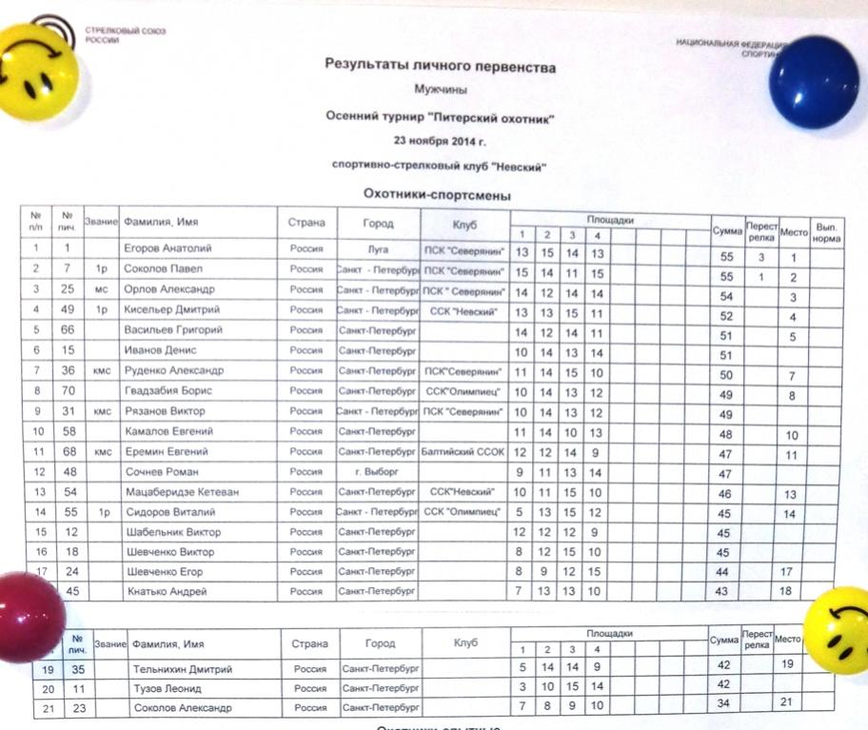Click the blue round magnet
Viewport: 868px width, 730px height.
[814, 77]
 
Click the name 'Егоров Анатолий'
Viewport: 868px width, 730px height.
[168, 249]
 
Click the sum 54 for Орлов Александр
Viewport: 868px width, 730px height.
[726, 289]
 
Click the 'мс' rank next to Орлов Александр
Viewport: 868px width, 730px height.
[100, 289]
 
